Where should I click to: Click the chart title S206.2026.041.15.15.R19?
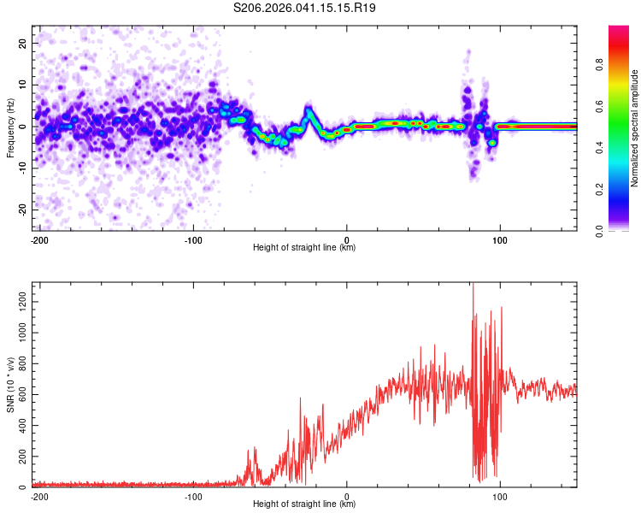pyautogui.click(x=305, y=9)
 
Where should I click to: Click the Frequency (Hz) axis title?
pyautogui.click(x=10, y=128)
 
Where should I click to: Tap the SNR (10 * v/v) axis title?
pyautogui.click(x=10, y=386)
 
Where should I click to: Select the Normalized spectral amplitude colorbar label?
pyautogui.click(x=635, y=128)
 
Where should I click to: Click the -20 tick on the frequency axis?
pyautogui.click(x=21, y=209)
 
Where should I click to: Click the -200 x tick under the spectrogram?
pyautogui.click(x=38, y=239)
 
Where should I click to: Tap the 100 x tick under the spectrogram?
pyautogui.click(x=500, y=239)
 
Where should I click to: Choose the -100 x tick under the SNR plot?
pyautogui.click(x=192, y=496)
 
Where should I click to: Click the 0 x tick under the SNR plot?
pyautogui.click(x=347, y=496)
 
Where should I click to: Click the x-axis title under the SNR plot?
pyautogui.click(x=304, y=504)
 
